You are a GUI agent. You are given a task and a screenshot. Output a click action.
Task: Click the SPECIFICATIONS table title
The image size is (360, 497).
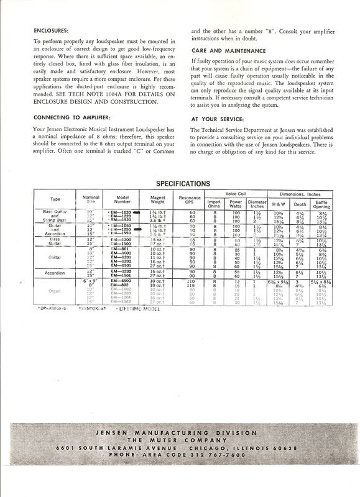click(x=180, y=185)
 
